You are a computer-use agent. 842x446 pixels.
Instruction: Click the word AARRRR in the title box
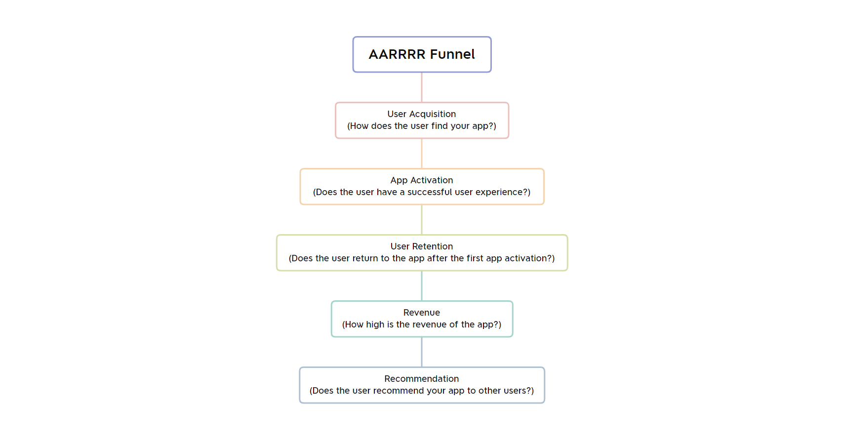click(397, 54)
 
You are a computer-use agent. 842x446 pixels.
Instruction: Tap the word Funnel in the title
click(452, 54)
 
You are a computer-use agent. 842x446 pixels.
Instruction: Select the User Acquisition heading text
click(421, 114)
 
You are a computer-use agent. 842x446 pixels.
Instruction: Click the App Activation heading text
click(421, 180)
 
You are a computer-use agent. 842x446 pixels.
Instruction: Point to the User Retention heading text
click(421, 246)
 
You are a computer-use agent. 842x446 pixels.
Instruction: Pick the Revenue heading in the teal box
click(421, 313)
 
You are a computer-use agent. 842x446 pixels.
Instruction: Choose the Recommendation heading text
click(421, 379)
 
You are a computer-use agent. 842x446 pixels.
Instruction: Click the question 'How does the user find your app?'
click(421, 126)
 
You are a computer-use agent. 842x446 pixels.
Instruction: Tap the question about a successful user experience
click(421, 192)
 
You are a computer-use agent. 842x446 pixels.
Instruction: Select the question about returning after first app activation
click(421, 258)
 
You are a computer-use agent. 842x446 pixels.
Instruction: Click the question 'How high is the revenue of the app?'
click(421, 324)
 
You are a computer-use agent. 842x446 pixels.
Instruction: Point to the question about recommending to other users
click(421, 391)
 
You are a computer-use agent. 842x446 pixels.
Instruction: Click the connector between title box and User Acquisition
click(422, 87)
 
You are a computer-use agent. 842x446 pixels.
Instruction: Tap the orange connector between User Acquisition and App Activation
click(422, 154)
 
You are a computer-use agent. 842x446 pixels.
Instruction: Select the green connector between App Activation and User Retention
click(422, 220)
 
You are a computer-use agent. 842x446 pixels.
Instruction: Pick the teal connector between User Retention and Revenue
click(422, 286)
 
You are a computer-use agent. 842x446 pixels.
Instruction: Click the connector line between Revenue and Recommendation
click(422, 352)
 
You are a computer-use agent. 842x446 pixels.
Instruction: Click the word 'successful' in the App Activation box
click(430, 192)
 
